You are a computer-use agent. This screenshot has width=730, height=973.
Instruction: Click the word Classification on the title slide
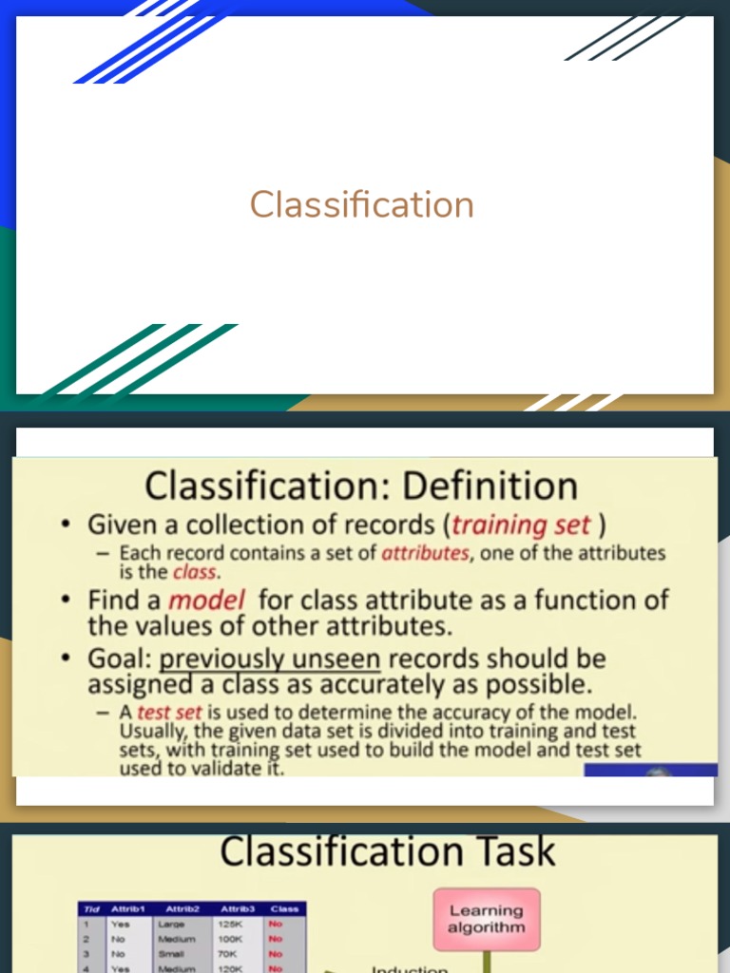tap(361, 204)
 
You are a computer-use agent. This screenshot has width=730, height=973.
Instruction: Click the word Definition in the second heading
tap(490, 486)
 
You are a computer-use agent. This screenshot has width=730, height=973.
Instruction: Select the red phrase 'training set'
tap(522, 525)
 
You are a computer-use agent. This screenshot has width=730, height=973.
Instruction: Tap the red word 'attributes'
tap(425, 553)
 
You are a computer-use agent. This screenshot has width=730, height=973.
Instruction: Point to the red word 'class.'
tap(195, 572)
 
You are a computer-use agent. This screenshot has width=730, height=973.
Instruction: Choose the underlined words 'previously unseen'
tap(270, 658)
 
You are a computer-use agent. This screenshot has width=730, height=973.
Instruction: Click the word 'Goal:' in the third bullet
tap(120, 658)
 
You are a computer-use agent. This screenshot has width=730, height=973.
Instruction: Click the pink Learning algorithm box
tap(486, 919)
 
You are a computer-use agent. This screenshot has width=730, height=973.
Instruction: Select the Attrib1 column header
tap(127, 908)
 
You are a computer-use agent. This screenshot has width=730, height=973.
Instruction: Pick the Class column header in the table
tap(283, 908)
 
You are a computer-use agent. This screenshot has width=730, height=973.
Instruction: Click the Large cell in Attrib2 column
tap(172, 924)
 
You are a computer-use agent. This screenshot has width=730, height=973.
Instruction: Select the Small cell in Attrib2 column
tap(172, 952)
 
